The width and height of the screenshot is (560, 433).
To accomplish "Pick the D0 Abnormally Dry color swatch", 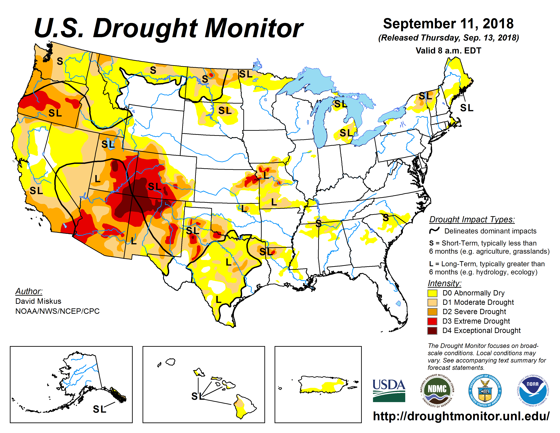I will point(432,293).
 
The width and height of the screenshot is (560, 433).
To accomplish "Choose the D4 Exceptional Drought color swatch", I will point(432,331).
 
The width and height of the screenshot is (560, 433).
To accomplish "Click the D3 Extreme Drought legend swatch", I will point(432,321).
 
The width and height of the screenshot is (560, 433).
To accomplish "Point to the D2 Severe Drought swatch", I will point(432,312).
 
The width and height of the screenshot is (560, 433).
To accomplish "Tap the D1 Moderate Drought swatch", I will point(432,302).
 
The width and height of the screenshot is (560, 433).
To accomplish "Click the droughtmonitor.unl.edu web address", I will point(461,416).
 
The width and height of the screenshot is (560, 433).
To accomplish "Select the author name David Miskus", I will point(39,301).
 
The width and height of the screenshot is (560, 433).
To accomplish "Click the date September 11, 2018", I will point(448,24).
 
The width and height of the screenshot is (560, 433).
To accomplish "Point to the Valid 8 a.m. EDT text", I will point(448,51).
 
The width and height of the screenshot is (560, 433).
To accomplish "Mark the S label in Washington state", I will point(60,61).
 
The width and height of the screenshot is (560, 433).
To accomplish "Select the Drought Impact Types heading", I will point(472,220).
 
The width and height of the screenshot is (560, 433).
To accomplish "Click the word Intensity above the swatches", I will point(444,283).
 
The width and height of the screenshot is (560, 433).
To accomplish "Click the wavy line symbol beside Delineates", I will point(434,230).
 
